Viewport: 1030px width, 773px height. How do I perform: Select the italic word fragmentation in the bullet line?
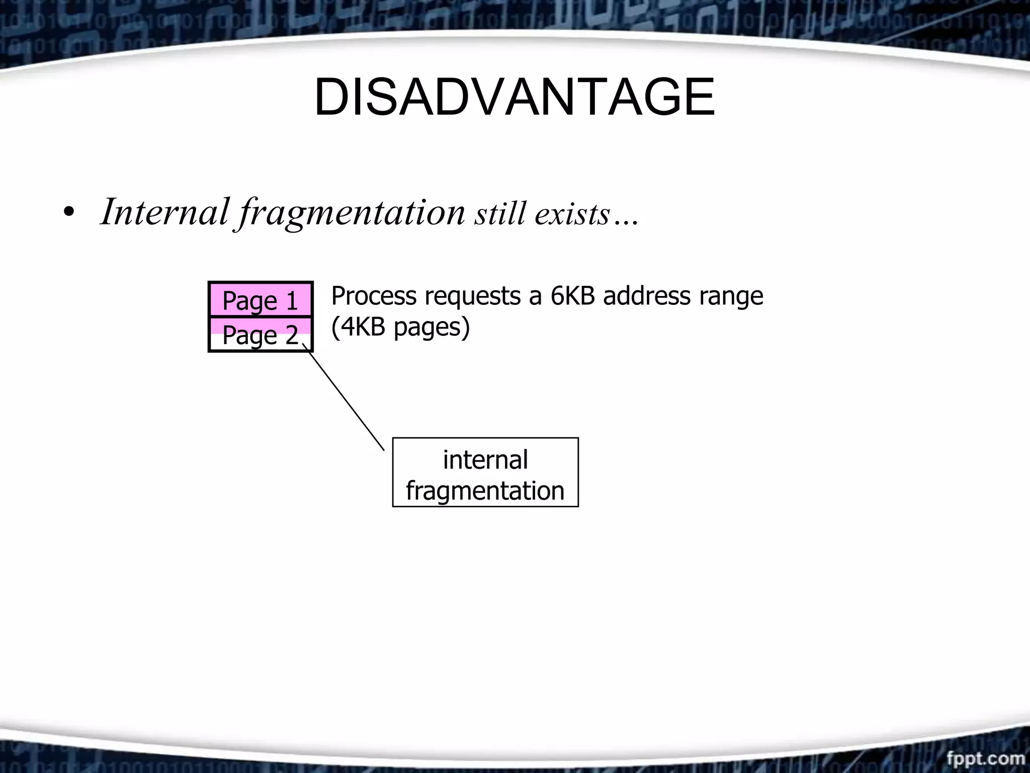tap(352, 213)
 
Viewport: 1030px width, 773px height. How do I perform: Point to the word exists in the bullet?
tap(572, 214)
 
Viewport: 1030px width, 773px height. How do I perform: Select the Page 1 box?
tap(261, 300)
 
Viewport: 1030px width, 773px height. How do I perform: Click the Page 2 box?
tap(261, 335)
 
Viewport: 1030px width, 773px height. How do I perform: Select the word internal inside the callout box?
tap(485, 459)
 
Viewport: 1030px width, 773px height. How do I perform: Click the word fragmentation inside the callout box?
tap(485, 491)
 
